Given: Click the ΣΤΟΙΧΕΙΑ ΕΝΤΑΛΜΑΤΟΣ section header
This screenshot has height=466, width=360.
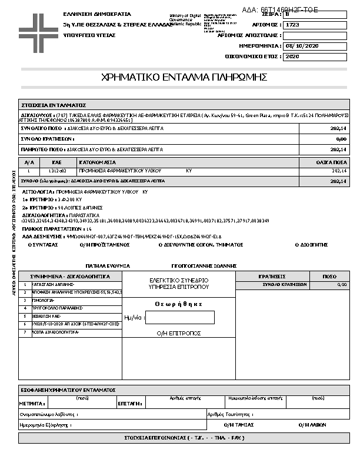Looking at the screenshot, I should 54,104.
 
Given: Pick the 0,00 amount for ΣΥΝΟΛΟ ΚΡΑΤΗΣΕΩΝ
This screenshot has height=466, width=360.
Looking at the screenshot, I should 341,139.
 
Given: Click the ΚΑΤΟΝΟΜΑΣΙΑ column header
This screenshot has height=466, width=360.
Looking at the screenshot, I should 98,162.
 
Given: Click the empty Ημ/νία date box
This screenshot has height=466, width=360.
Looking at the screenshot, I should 179,317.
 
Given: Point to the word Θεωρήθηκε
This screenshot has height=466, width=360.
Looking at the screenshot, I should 179,304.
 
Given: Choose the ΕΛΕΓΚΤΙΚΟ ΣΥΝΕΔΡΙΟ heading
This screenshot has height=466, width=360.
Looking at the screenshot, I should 179,280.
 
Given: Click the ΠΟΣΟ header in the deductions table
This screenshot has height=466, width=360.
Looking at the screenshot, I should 329,275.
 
